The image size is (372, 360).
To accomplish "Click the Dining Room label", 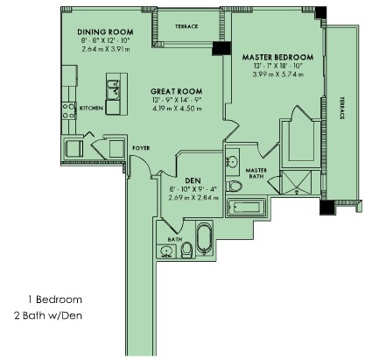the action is click(105, 32).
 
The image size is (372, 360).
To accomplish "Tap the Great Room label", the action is click(177, 91).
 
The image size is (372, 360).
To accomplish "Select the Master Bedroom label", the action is click(277, 57).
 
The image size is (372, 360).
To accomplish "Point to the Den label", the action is click(193, 180).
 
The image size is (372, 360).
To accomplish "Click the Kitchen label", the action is click(91, 108).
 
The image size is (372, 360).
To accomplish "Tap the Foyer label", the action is click(141, 148).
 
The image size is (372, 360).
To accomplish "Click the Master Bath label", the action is click(256, 173).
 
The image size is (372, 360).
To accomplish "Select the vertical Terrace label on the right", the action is click(341, 108).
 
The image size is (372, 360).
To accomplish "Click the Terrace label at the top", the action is click(186, 26).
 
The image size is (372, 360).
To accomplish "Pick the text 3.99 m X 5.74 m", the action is click(278, 74).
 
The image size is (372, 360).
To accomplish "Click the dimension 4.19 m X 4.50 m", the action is click(177, 109).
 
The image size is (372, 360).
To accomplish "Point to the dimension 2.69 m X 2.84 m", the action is click(193, 198).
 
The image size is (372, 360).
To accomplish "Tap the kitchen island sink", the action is click(113, 89).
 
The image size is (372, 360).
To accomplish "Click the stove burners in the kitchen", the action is click(68, 111).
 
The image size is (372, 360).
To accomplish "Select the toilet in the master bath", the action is click(235, 186).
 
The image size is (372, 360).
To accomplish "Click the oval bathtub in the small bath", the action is click(204, 238).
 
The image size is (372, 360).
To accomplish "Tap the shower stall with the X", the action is click(296, 182).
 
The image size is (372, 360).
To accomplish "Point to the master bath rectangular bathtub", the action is click(246, 208).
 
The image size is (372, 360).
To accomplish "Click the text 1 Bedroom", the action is click(55, 300).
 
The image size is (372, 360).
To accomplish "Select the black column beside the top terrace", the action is click(221, 48).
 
